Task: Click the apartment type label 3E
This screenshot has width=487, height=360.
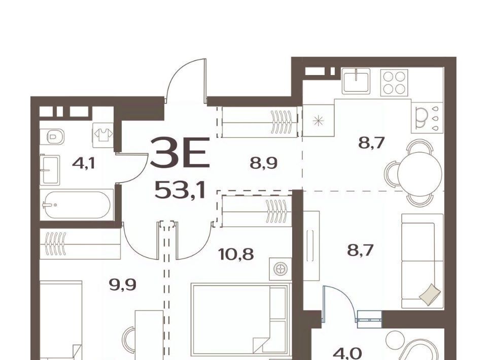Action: pyautogui.click(x=180, y=153)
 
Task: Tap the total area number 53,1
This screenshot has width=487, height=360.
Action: pyautogui.click(x=180, y=190)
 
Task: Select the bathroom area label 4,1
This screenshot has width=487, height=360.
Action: pyautogui.click(x=83, y=163)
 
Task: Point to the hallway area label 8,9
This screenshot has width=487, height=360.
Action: pyautogui.click(x=263, y=163)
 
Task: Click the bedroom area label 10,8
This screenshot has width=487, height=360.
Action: pyautogui.click(x=236, y=255)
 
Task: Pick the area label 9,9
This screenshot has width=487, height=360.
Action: pyautogui.click(x=123, y=285)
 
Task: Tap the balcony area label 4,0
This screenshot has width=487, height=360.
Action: pyautogui.click(x=348, y=353)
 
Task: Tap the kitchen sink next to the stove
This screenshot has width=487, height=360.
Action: pyautogui.click(x=356, y=81)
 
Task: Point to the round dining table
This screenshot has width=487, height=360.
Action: pyautogui.click(x=420, y=172)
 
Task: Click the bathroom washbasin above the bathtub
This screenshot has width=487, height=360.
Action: pyautogui.click(x=49, y=170)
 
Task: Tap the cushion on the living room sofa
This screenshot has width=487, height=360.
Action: pyautogui.click(x=430, y=293)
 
